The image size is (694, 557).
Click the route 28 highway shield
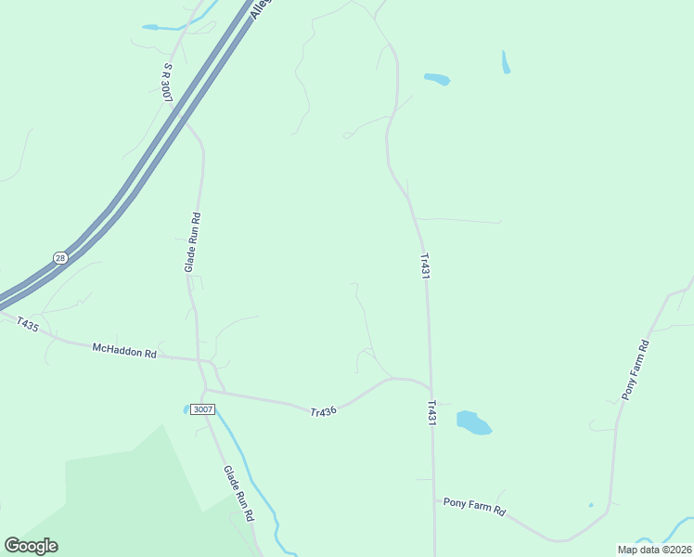coord(60,258)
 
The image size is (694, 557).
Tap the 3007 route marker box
coord(202,409)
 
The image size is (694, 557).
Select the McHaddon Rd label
coord(125,351)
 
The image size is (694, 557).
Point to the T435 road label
coord(27,325)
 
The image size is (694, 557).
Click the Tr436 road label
coord(323,411)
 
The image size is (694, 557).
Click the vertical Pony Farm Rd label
coord(636,369)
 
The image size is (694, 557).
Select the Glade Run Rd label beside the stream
coord(238,494)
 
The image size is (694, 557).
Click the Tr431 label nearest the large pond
coord(431,413)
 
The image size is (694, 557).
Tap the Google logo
coord(31,546)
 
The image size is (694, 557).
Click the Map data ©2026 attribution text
coord(655,550)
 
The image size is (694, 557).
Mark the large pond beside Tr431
coord(473,423)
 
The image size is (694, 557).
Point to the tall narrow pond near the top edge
coord(506,62)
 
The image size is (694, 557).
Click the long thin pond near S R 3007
coord(162,28)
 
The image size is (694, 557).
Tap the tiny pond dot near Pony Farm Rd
coord(590,505)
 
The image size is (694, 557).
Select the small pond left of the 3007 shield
coord(186,408)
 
